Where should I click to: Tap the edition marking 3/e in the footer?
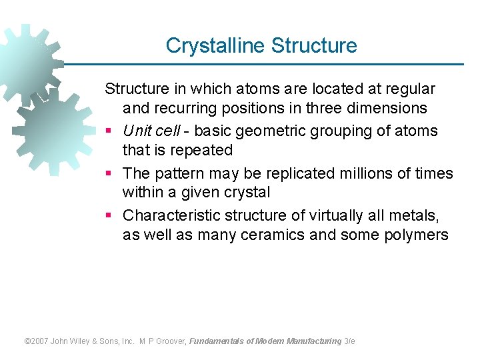[349, 341]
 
